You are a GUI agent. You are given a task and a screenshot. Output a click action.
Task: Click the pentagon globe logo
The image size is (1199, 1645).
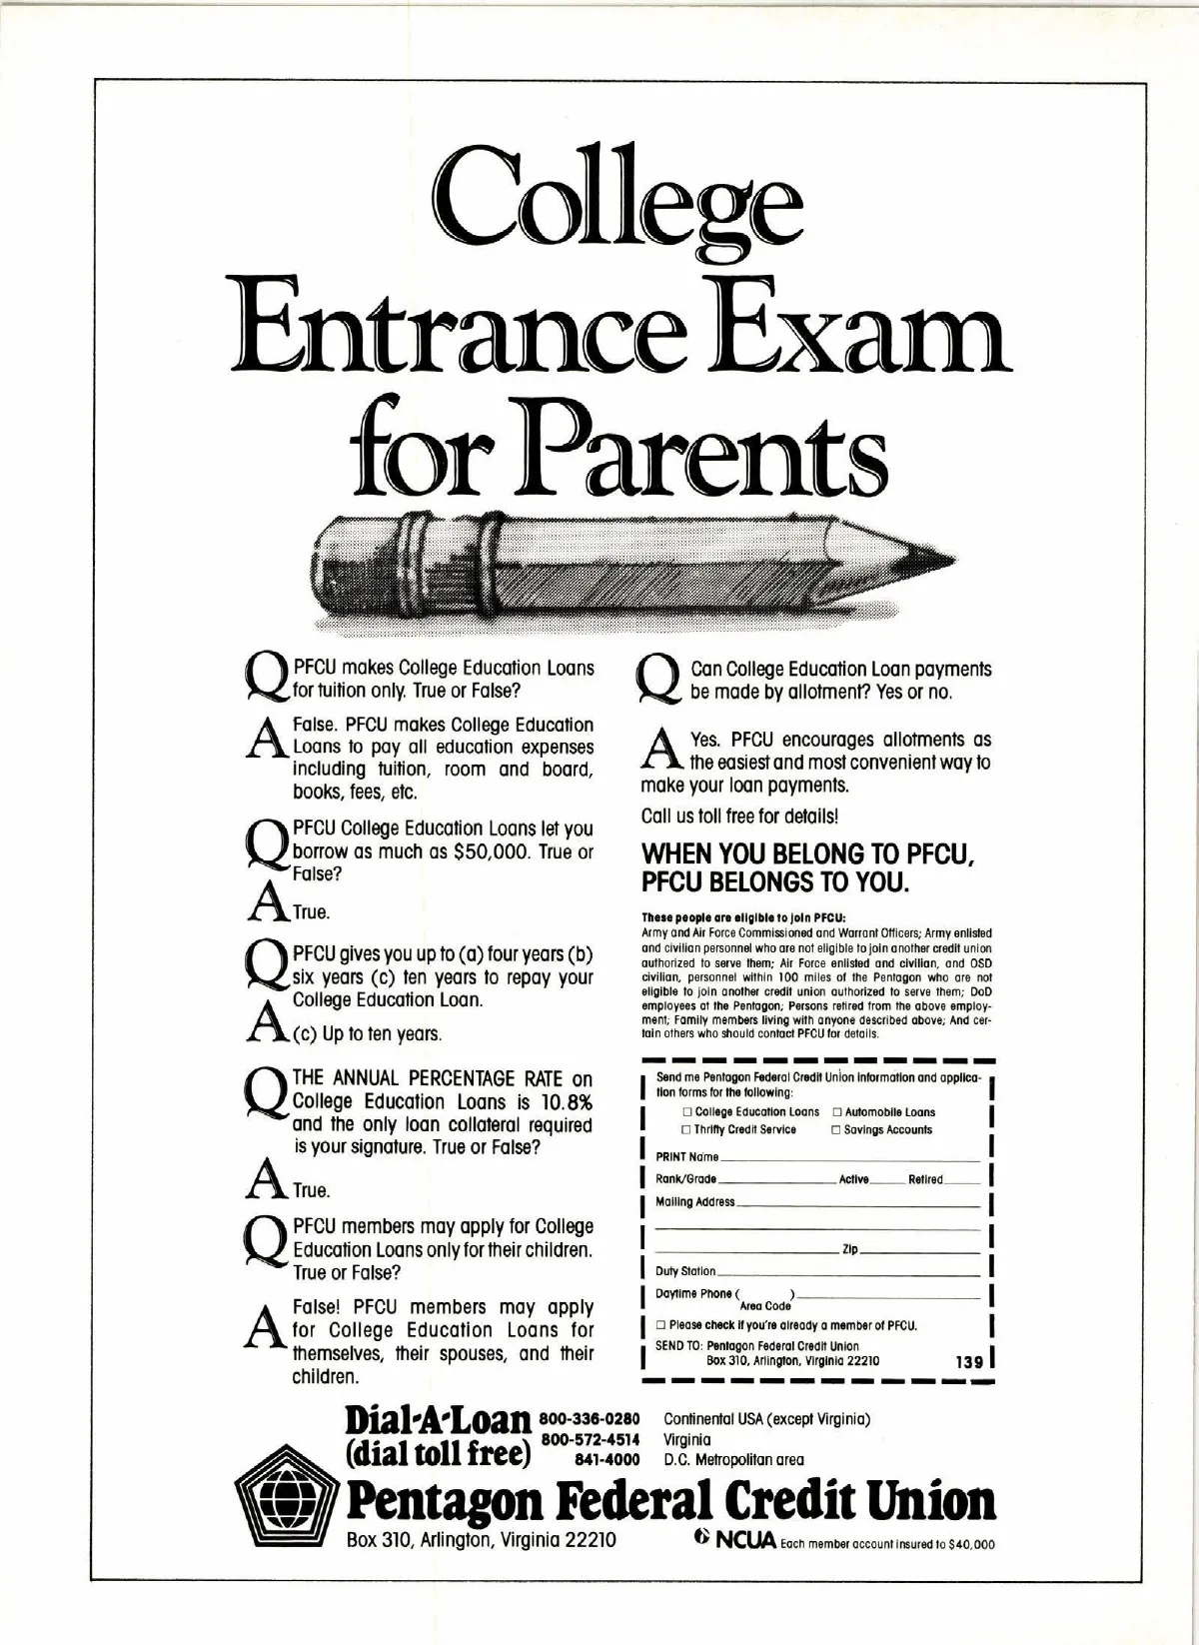(x=287, y=1503)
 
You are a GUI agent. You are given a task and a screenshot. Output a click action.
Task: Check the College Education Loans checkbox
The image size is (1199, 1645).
(x=687, y=1112)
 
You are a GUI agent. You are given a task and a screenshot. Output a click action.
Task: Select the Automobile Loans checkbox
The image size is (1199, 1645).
(x=837, y=1112)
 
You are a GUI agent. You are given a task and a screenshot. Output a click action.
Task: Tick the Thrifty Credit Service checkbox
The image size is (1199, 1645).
(x=687, y=1130)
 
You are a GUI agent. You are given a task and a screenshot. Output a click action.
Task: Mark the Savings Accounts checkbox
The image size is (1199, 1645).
(x=836, y=1130)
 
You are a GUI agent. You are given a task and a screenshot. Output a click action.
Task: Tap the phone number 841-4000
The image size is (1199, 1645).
(x=606, y=1459)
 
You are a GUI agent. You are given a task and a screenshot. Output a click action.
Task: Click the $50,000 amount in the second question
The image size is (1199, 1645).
(x=492, y=852)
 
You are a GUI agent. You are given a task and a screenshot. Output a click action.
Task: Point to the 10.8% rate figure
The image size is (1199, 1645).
(x=567, y=1102)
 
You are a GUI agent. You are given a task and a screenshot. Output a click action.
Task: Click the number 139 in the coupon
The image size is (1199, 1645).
(x=969, y=1361)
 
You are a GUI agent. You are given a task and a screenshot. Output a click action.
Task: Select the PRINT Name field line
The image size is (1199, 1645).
(x=849, y=1159)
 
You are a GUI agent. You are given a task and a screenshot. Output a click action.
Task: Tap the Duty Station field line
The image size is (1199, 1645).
(x=849, y=1274)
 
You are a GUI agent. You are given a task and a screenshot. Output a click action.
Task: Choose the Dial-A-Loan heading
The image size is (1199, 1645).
(x=438, y=1421)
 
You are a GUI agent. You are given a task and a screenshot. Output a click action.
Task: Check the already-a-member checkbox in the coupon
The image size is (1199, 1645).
(x=660, y=1325)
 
